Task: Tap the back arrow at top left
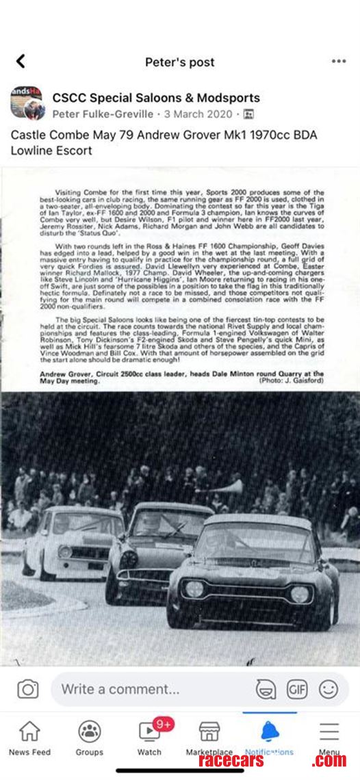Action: (21, 62)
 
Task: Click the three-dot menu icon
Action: (339, 61)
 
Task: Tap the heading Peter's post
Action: (179, 62)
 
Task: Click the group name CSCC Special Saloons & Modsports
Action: (156, 98)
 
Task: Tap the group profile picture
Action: (27, 103)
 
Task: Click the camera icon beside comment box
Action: (27, 689)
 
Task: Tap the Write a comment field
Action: (151, 689)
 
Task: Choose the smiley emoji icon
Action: (329, 689)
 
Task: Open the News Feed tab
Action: (29, 738)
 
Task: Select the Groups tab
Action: (89, 738)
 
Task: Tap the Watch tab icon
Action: (149, 732)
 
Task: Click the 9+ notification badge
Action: (163, 723)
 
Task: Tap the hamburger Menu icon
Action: (329, 732)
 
